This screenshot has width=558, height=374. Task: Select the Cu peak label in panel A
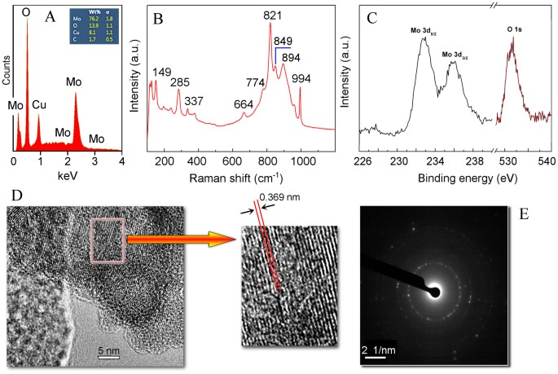coord(40,104)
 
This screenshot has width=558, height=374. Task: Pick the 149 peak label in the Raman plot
coord(162,73)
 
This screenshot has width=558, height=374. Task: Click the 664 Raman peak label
coord(244,104)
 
